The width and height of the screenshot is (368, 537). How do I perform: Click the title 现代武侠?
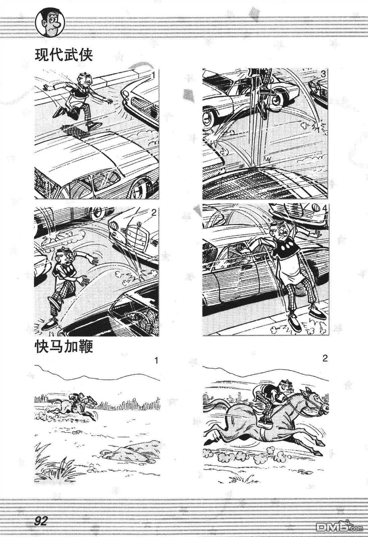[x=64, y=55]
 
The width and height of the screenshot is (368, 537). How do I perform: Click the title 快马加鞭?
[x=64, y=348]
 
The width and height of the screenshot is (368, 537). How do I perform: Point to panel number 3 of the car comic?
[x=324, y=75]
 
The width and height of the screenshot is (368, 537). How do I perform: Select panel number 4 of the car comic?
[x=325, y=209]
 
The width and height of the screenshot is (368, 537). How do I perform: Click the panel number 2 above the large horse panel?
[x=325, y=359]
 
